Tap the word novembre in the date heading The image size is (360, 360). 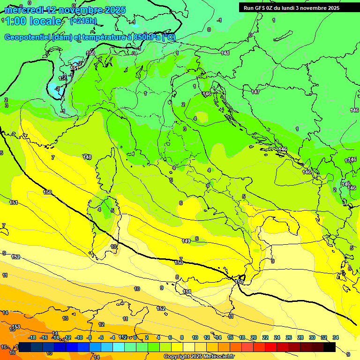coord(76,10)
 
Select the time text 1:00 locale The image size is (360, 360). coord(33,21)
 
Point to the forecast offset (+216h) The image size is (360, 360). coord(83,21)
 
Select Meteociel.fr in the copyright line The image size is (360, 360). coord(216,356)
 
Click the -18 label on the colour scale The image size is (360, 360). coord(32,337)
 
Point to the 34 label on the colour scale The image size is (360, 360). coord(335,337)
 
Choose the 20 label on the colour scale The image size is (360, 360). coord(253,337)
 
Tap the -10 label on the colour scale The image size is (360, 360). coord(79,337)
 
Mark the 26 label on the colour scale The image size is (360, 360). coord(288,337)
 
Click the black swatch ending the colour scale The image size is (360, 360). coord(330,347)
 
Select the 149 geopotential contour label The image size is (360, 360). coord(186,241)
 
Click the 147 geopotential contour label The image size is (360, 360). coord(255,92)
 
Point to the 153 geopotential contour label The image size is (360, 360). coord(16,327)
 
